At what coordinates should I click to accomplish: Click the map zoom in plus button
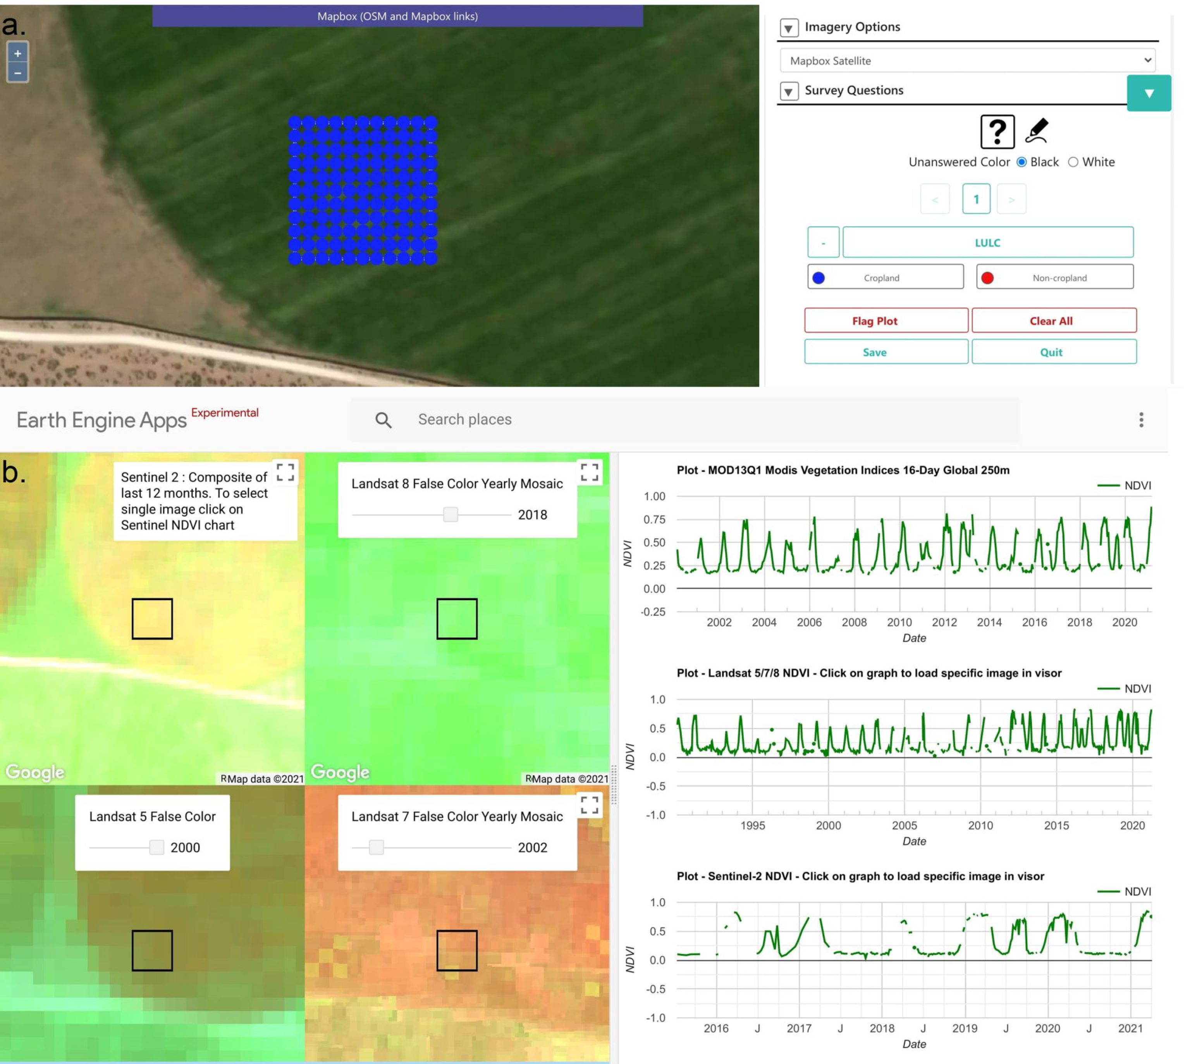pos(17,53)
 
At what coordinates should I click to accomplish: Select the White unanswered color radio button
pos(1073,162)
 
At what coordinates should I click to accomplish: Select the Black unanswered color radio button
pos(1021,162)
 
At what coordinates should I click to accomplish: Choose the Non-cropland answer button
pos(1054,277)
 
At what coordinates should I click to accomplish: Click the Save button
pos(886,352)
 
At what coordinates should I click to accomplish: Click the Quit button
pos(1054,352)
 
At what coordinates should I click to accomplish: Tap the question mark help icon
pos(997,131)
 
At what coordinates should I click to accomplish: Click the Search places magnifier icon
pos(383,420)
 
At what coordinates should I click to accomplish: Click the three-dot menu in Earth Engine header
pos(1141,420)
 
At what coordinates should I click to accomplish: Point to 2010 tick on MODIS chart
pos(899,622)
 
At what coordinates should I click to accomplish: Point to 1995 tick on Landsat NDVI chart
pos(753,825)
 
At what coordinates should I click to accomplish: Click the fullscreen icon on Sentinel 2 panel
pos(285,472)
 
